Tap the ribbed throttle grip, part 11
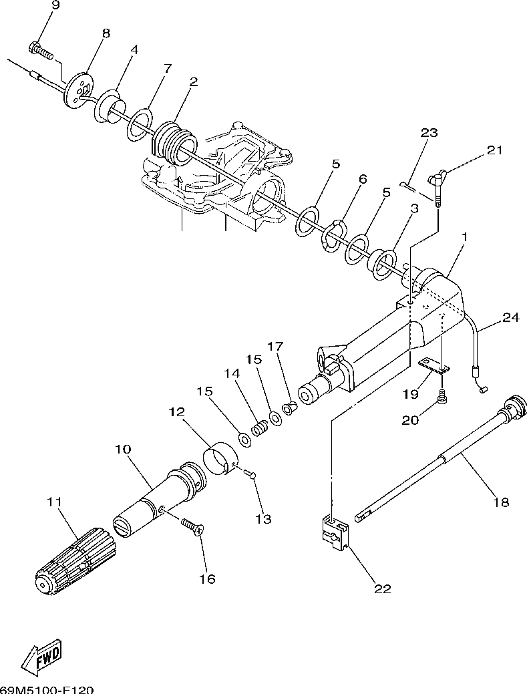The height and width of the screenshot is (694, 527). (73, 560)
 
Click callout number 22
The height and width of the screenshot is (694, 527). (383, 588)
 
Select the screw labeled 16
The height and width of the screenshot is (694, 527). (192, 527)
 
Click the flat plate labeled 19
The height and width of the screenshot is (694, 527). (435, 366)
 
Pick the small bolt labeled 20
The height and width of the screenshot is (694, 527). (443, 397)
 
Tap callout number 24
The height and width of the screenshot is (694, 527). (510, 317)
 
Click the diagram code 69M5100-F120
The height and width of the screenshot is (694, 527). (46, 689)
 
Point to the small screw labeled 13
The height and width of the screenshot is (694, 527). (250, 475)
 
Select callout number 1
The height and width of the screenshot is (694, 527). (464, 237)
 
